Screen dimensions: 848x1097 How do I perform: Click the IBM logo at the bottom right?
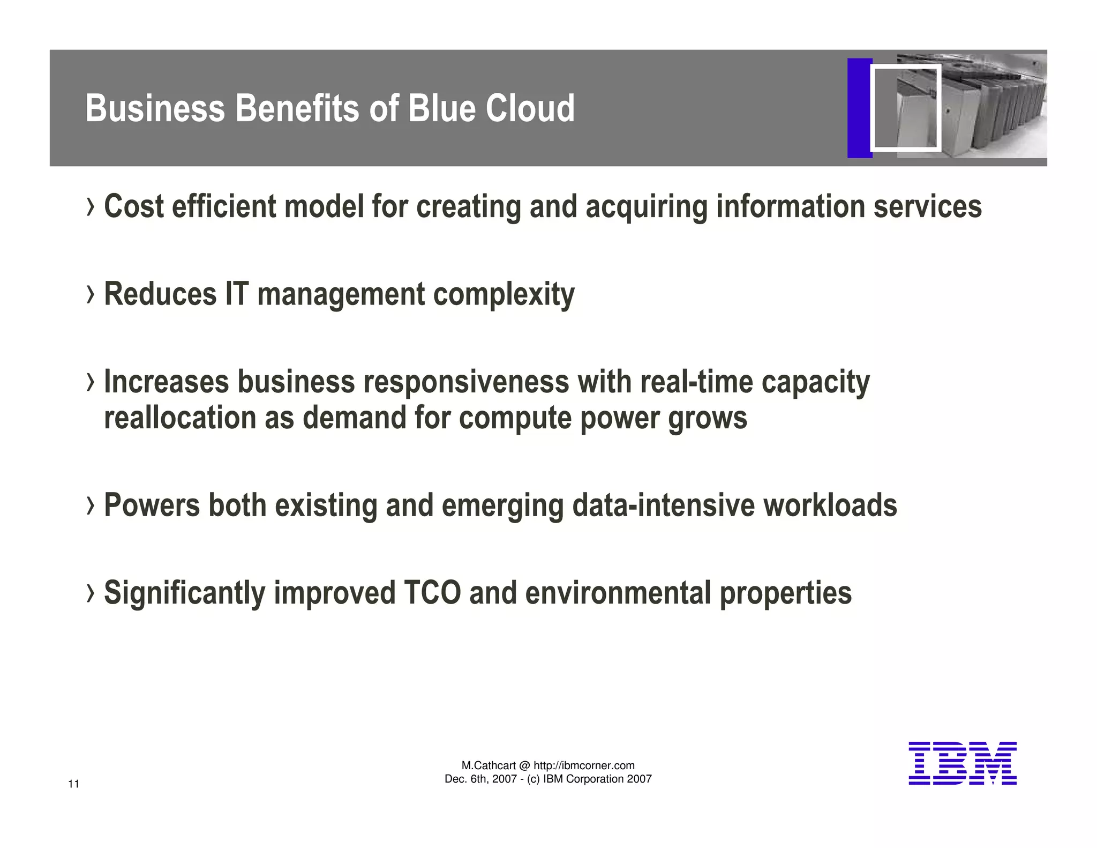tap(962, 763)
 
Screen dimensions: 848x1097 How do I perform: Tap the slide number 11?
tap(74, 784)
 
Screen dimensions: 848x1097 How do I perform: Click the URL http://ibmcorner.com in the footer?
tap(584, 765)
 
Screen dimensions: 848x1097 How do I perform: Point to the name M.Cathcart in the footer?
tap(489, 765)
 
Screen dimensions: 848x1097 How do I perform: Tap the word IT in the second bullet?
tap(237, 294)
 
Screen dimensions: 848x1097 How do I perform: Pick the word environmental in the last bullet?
tap(618, 593)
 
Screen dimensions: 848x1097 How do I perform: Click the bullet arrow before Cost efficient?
tap(91, 207)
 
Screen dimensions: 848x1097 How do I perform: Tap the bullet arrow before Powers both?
tap(91, 505)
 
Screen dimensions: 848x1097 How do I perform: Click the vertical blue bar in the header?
tap(859, 108)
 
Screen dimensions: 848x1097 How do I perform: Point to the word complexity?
tap(504, 295)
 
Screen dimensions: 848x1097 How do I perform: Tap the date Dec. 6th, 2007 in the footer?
tap(480, 779)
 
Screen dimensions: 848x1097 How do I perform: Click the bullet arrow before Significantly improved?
tap(91, 593)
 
